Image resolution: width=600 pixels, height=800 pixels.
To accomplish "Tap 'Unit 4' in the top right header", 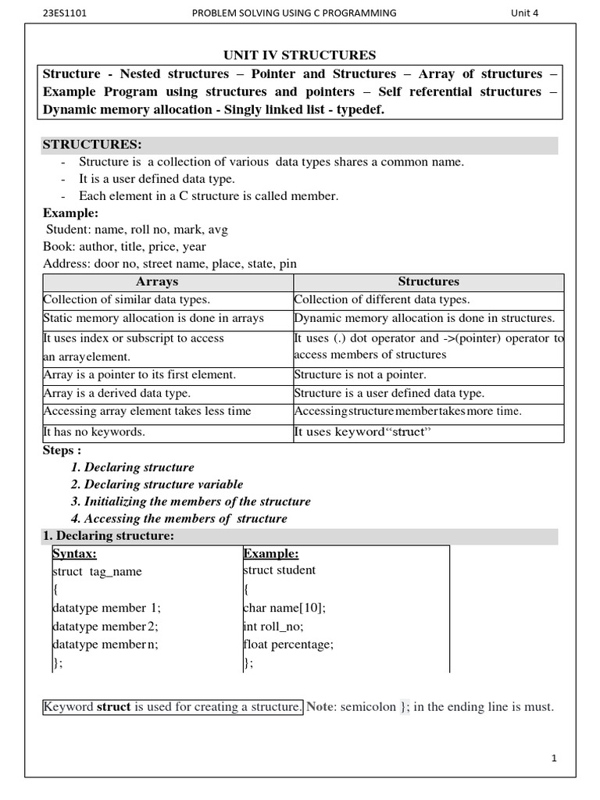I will point(524,12).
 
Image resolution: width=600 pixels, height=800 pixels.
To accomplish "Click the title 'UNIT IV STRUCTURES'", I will point(299,55).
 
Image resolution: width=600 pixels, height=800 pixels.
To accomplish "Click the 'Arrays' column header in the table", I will point(157,282).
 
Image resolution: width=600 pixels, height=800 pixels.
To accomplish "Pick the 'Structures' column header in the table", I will point(428,282).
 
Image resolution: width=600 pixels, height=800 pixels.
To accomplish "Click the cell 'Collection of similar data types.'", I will point(127,300).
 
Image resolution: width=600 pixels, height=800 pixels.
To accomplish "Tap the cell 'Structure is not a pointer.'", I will point(360,375).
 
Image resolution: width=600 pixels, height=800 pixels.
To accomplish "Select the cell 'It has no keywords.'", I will point(95,432).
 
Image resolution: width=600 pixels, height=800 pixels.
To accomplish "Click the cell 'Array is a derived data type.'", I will point(117,394).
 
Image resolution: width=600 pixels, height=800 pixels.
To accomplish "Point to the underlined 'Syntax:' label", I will point(74,554).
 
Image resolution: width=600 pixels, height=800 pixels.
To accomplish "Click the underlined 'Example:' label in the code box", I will point(271,554).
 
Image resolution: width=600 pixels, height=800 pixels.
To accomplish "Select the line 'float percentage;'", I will point(288,645).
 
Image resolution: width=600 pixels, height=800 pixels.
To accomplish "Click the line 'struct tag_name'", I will point(97,572).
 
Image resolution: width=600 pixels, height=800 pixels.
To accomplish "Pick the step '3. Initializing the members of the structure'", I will point(191,502).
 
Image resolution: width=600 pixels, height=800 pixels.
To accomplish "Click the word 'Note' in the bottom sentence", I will point(320,707).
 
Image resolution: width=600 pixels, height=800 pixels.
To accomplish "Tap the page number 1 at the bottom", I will point(553,758).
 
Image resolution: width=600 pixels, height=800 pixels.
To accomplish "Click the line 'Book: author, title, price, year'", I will point(124,247).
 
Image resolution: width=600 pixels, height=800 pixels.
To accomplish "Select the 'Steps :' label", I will point(62,451).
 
